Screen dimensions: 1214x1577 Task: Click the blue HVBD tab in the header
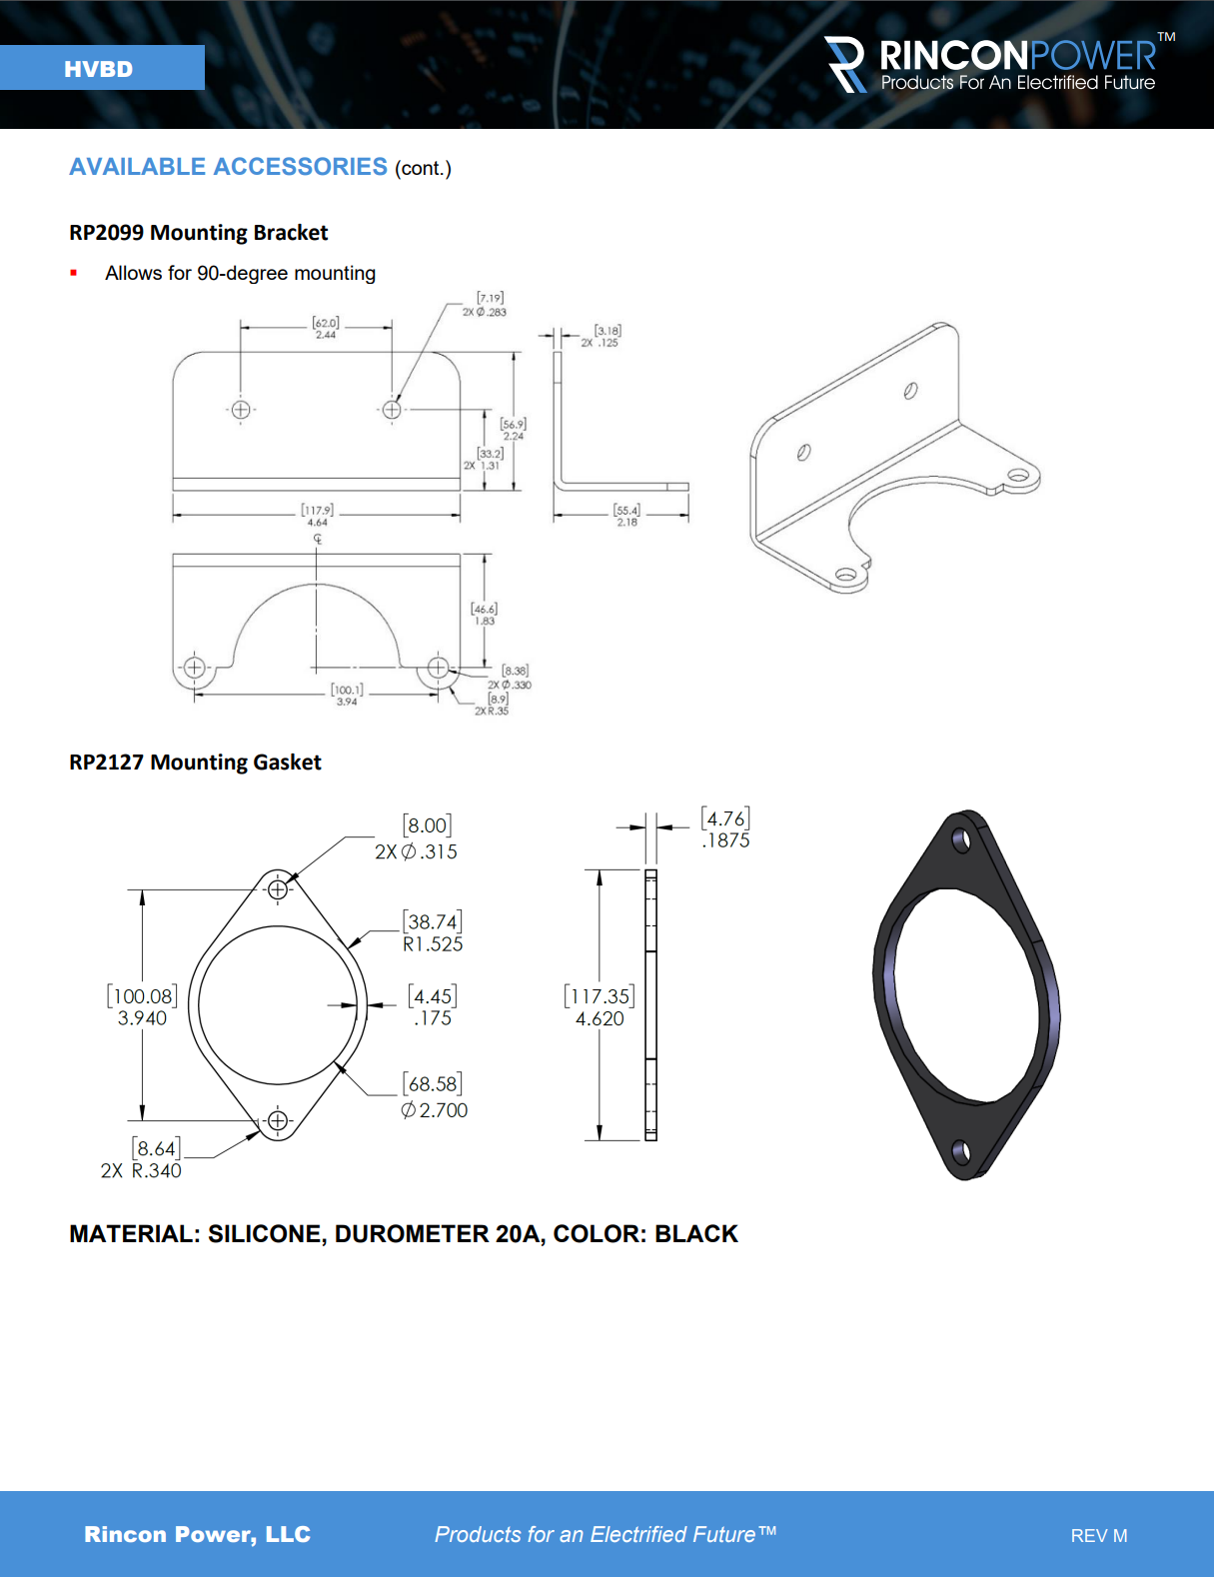point(102,68)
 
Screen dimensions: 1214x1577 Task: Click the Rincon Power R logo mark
point(845,64)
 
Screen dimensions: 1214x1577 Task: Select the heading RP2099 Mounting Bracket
point(198,232)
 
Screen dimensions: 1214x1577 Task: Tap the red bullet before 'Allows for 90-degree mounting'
point(73,273)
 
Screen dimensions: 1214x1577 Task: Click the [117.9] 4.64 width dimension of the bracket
point(317,516)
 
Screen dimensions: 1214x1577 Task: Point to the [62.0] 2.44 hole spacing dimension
point(325,328)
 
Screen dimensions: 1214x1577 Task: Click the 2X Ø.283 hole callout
point(485,305)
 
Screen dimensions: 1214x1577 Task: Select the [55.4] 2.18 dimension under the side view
point(626,516)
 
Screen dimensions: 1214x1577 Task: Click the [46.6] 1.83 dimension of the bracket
point(484,614)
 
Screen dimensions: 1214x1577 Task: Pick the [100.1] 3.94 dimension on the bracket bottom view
point(347,695)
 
